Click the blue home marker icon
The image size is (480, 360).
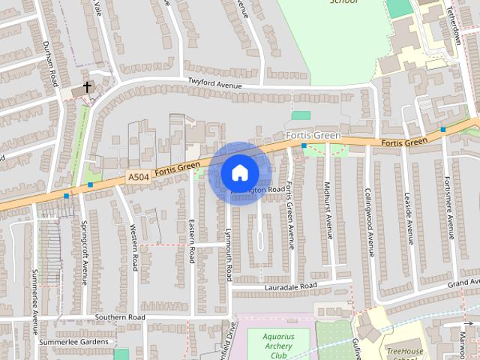click(239, 172)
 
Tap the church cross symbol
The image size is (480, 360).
click(87, 87)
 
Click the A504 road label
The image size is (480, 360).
click(138, 177)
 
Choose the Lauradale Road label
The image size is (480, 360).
click(290, 286)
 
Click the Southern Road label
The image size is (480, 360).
click(119, 317)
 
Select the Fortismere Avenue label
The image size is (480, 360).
click(448, 205)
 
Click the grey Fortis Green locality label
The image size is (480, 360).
click(313, 136)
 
